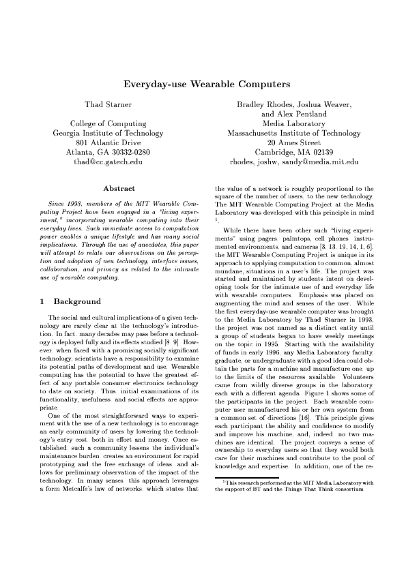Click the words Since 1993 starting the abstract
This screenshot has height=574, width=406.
[x=65, y=204]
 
